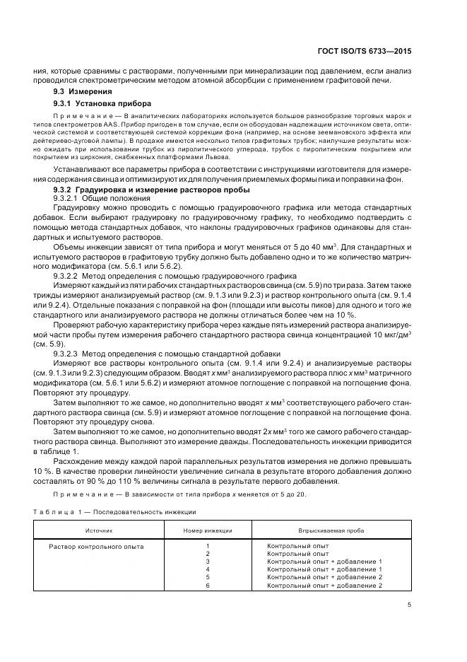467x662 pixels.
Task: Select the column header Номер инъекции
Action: coord(208,529)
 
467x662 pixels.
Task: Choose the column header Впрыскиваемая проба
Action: coord(326,529)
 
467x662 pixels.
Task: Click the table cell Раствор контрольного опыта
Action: coord(96,546)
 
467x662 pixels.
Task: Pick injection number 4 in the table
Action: coord(208,569)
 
